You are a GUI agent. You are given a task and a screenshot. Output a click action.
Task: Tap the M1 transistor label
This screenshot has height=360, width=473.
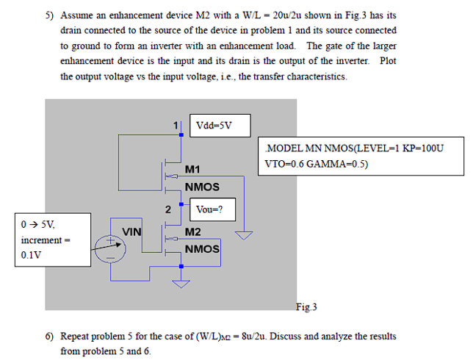point(192,169)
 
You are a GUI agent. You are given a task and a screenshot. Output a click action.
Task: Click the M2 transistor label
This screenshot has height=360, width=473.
point(193,231)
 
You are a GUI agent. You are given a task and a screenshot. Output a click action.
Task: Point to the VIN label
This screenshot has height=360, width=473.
point(132,231)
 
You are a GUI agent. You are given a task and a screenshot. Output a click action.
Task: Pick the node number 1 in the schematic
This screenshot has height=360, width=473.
point(176,124)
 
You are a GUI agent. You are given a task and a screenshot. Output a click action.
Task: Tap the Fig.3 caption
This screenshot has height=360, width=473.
point(306,306)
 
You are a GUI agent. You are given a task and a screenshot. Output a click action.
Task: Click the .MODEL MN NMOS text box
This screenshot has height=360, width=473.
point(363,156)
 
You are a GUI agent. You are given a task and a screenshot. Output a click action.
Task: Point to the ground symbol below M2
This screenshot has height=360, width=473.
point(179,284)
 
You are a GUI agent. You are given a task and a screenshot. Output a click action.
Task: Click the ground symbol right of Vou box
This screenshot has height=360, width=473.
point(243,236)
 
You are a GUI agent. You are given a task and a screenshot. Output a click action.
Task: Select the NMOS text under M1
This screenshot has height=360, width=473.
point(202,187)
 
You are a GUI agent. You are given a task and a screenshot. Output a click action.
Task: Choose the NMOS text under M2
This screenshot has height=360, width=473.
point(202,249)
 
